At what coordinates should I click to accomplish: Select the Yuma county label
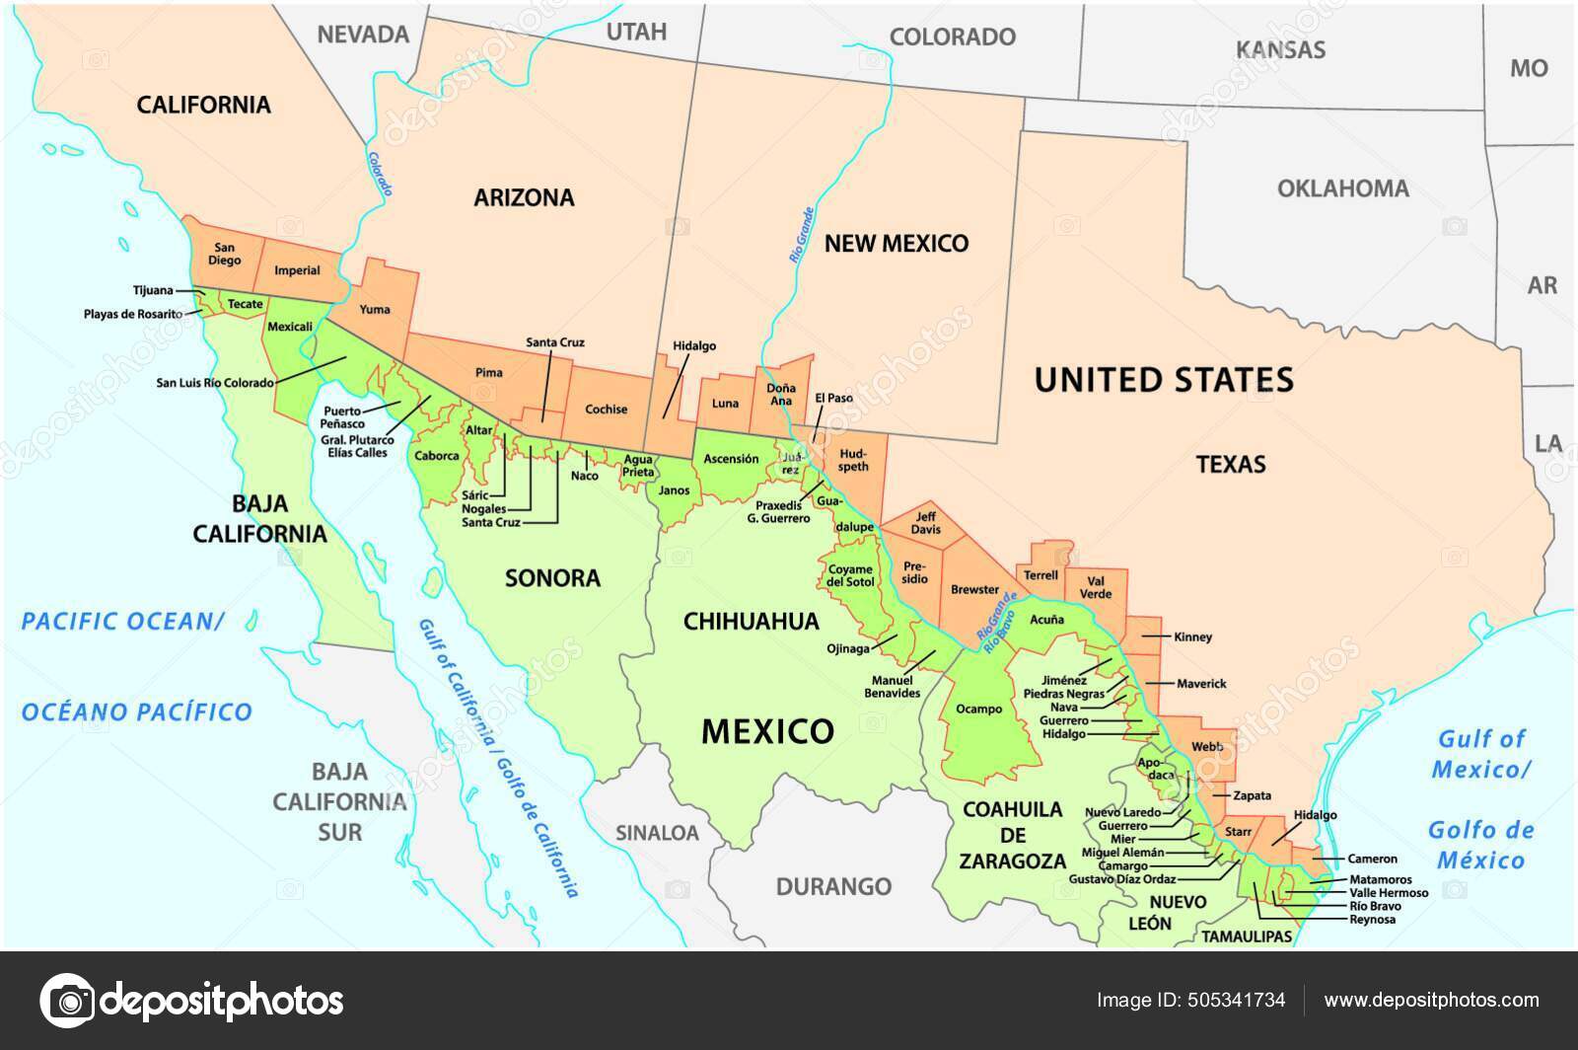click(375, 309)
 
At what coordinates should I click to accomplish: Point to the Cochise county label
click(606, 409)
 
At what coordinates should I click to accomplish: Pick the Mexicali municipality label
click(290, 326)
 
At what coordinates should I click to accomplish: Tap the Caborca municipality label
click(437, 456)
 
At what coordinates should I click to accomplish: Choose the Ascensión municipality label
click(731, 459)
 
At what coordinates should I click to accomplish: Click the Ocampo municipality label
click(979, 709)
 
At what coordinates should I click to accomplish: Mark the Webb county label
click(1206, 747)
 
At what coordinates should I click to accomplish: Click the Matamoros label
click(1380, 878)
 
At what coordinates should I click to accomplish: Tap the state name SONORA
click(552, 577)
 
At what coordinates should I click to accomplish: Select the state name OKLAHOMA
click(1342, 188)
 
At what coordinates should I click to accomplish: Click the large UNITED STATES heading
click(1164, 379)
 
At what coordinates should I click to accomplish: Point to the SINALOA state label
click(657, 833)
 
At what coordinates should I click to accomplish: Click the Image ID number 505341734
click(1239, 1000)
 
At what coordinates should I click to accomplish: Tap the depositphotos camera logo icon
click(67, 1000)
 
